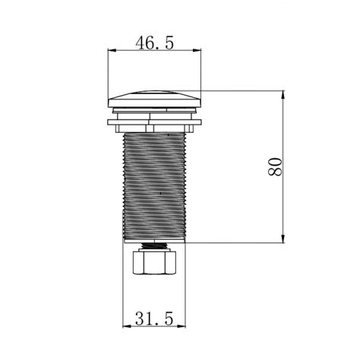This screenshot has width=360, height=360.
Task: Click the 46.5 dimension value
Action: [155, 43]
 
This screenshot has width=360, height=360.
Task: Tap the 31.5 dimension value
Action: [154, 318]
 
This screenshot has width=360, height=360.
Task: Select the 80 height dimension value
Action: [275, 167]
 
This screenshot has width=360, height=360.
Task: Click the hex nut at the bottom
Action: [154, 262]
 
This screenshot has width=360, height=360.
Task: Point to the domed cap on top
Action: [154, 99]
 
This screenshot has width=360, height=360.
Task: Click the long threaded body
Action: [154, 186]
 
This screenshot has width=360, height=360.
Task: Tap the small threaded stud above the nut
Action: [154, 245]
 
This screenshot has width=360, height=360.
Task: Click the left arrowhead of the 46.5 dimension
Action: [112, 51]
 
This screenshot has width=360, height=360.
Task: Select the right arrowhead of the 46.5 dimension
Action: [197, 51]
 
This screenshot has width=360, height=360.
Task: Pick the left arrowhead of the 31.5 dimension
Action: [127, 327]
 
